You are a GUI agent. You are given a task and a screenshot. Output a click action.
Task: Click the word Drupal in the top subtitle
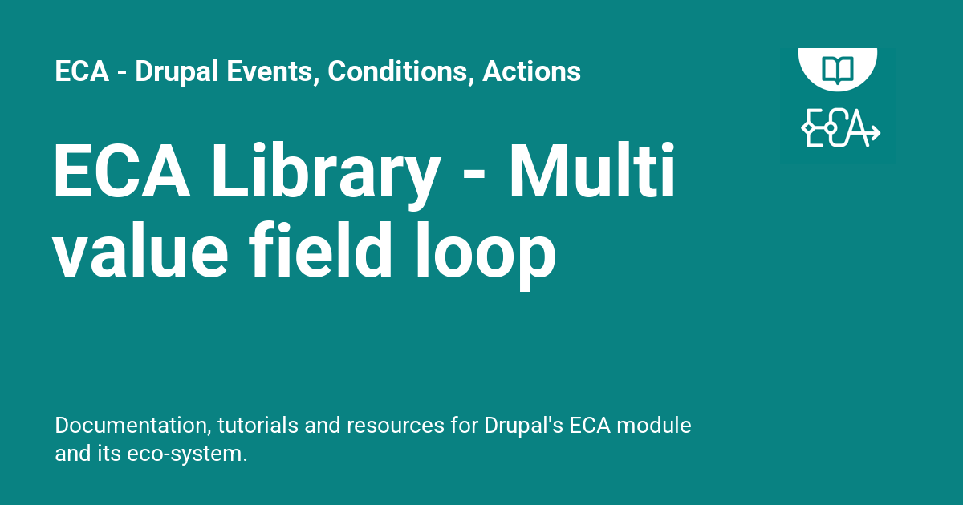pyautogui.click(x=166, y=72)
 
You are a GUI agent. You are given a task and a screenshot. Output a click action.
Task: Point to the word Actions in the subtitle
pyautogui.click(x=531, y=72)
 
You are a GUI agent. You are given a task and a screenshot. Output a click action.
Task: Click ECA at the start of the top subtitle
pyautogui.click(x=82, y=72)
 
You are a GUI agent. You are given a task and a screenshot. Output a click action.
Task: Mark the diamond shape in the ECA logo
pyautogui.click(x=807, y=128)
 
